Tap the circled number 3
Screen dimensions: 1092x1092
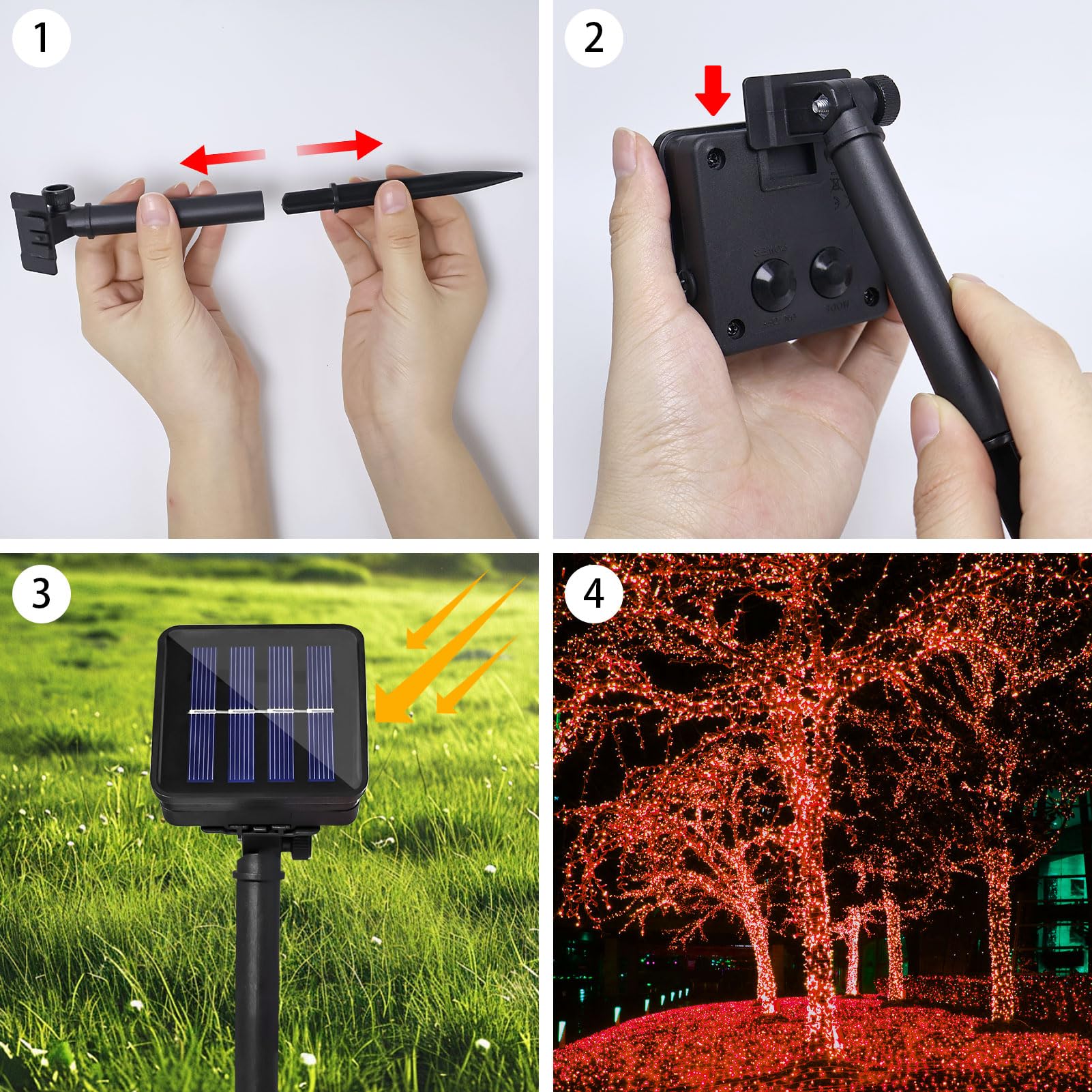(x=41, y=593)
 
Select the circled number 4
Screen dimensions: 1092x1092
(x=593, y=593)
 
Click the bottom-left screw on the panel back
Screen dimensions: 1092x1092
(x=733, y=327)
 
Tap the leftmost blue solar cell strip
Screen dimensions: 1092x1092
(x=202, y=713)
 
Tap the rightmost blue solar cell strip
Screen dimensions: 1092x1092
(x=319, y=713)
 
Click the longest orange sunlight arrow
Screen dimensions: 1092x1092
(x=450, y=648)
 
